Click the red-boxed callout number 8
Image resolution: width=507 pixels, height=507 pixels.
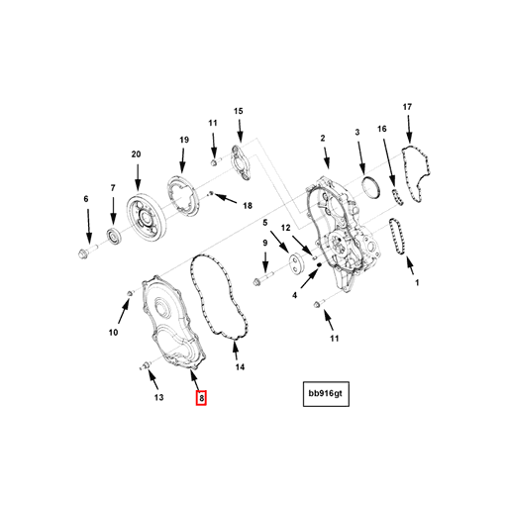pyautogui.click(x=201, y=398)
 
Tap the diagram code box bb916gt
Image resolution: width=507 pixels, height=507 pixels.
pyautogui.click(x=326, y=394)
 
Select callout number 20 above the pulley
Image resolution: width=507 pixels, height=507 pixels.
pyautogui.click(x=136, y=154)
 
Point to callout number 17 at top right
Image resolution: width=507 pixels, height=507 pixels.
pyautogui.click(x=407, y=107)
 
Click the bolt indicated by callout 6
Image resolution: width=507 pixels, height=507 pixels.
pyautogui.click(x=86, y=252)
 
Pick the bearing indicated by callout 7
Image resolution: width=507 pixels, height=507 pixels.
pyautogui.click(x=114, y=235)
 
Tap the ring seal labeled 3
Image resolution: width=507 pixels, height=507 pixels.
pyautogui.click(x=371, y=188)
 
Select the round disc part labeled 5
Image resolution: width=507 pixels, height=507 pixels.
pyautogui.click(x=296, y=263)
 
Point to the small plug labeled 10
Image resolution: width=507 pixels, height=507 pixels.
pyautogui.click(x=131, y=293)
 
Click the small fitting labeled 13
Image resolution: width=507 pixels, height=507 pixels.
pyautogui.click(x=145, y=365)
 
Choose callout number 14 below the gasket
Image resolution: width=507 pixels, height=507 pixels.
pyautogui.click(x=240, y=366)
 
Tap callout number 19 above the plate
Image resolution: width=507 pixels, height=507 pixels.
pyautogui.click(x=184, y=140)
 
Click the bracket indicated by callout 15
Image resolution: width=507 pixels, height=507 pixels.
pyautogui.click(x=241, y=163)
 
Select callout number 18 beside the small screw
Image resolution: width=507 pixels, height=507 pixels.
pyautogui.click(x=248, y=206)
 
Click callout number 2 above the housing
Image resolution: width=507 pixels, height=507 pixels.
pyautogui.click(x=323, y=138)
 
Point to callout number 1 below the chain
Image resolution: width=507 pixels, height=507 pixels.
pyautogui.click(x=417, y=282)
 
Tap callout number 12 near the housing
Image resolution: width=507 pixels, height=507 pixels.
pyautogui.click(x=285, y=228)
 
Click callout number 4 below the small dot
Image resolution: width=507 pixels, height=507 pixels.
pyautogui.click(x=295, y=295)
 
